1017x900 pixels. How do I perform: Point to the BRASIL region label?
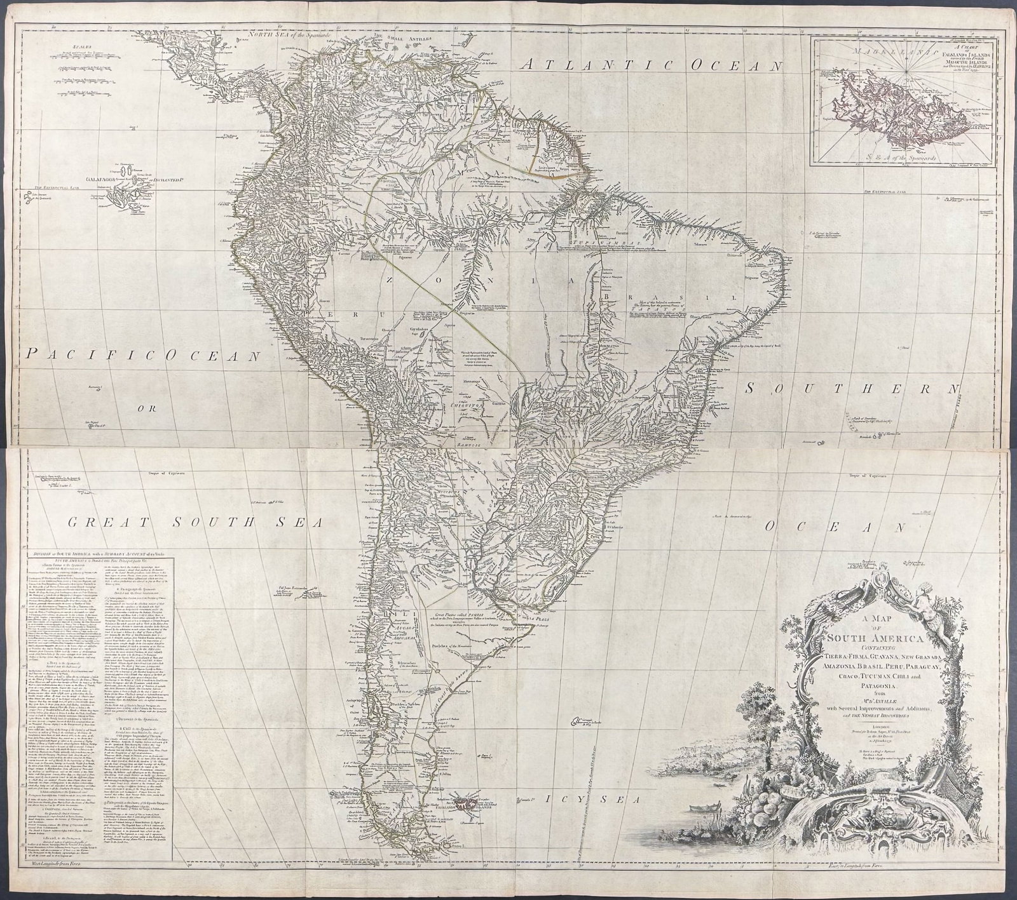667,298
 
